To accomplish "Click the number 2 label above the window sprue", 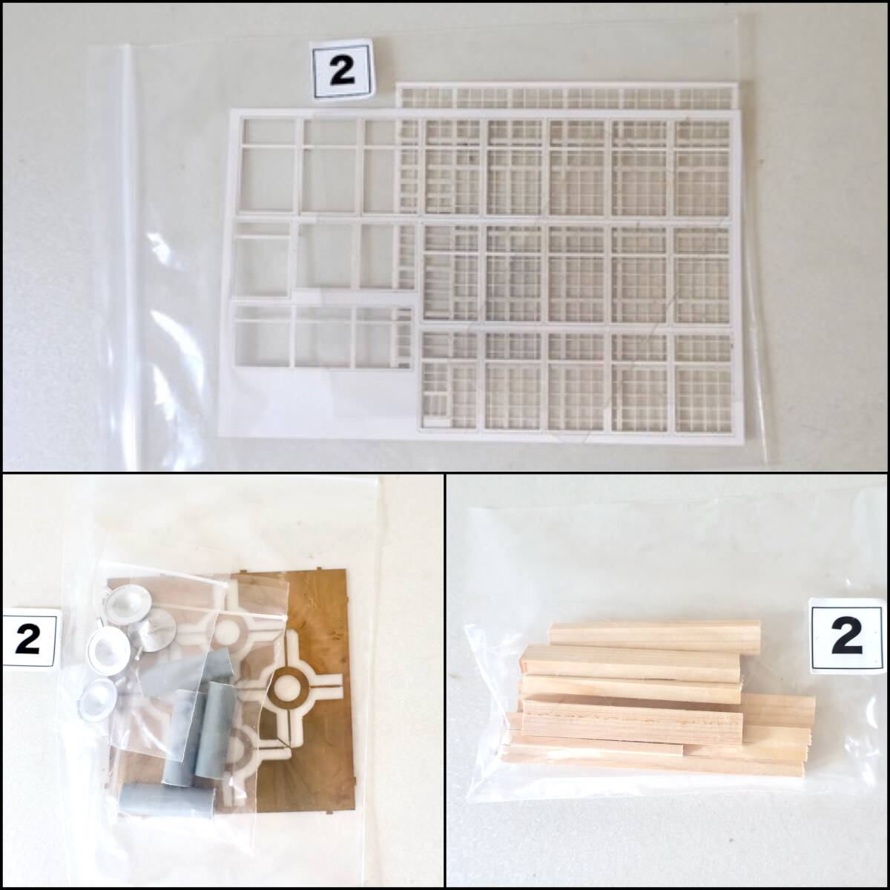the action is coord(342,69).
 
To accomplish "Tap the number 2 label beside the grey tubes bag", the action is coord(29,638).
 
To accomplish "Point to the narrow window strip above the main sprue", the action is coord(567,96).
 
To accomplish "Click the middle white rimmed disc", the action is coord(109,648).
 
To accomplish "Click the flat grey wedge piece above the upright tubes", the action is coord(185,669).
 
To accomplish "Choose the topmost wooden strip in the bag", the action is coord(656,638).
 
